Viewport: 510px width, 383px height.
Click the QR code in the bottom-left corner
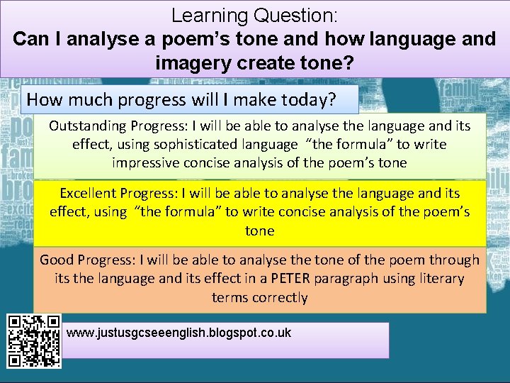pos(33,340)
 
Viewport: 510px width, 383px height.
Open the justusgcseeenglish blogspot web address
pos(178,333)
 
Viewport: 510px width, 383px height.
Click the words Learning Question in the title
pos(255,14)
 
